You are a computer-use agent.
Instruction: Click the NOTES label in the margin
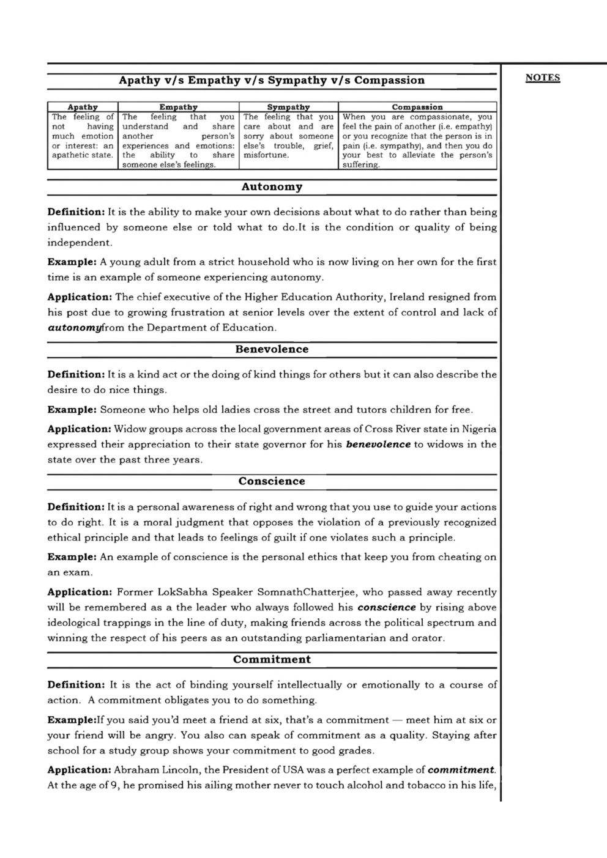click(543, 78)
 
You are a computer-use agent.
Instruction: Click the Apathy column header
click(83, 107)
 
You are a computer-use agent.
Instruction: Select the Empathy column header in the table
click(178, 107)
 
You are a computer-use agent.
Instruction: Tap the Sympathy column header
click(288, 107)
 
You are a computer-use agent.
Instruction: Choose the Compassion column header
click(417, 107)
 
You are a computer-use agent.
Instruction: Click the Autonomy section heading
click(272, 187)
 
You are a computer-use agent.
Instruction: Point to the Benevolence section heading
click(272, 349)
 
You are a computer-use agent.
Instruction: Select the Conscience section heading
click(272, 481)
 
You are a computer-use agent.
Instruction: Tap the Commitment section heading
click(272, 659)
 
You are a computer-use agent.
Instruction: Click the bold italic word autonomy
click(74, 328)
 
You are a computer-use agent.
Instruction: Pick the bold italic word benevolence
click(378, 445)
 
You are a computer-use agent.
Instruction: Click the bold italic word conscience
click(386, 607)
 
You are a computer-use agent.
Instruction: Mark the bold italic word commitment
click(461, 770)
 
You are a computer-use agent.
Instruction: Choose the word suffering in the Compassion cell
click(360, 165)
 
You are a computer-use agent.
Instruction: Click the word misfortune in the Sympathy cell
click(266, 155)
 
